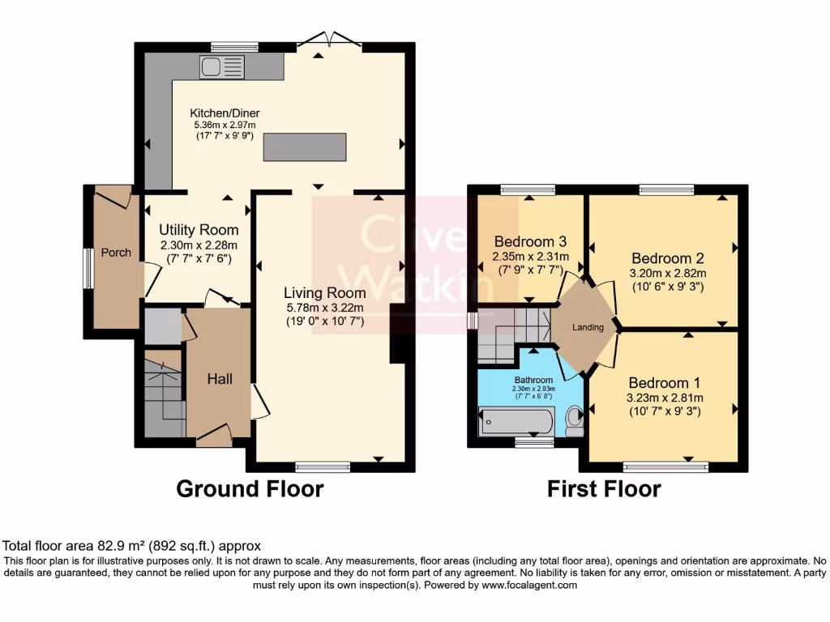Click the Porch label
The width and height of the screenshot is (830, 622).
tap(116, 253)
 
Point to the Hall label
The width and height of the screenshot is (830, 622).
tap(219, 378)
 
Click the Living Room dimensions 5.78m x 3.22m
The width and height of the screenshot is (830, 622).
tap(324, 308)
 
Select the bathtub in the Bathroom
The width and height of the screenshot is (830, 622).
tap(516, 421)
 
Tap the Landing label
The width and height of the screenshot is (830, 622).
tap(588, 327)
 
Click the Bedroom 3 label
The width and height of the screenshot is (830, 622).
tap(530, 241)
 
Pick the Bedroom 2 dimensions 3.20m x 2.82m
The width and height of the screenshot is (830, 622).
tap(669, 273)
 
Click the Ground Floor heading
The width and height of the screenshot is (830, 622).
tap(250, 488)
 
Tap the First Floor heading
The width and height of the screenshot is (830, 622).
tap(604, 488)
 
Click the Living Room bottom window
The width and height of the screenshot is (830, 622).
tap(323, 466)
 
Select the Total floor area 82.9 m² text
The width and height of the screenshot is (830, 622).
tap(132, 546)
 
